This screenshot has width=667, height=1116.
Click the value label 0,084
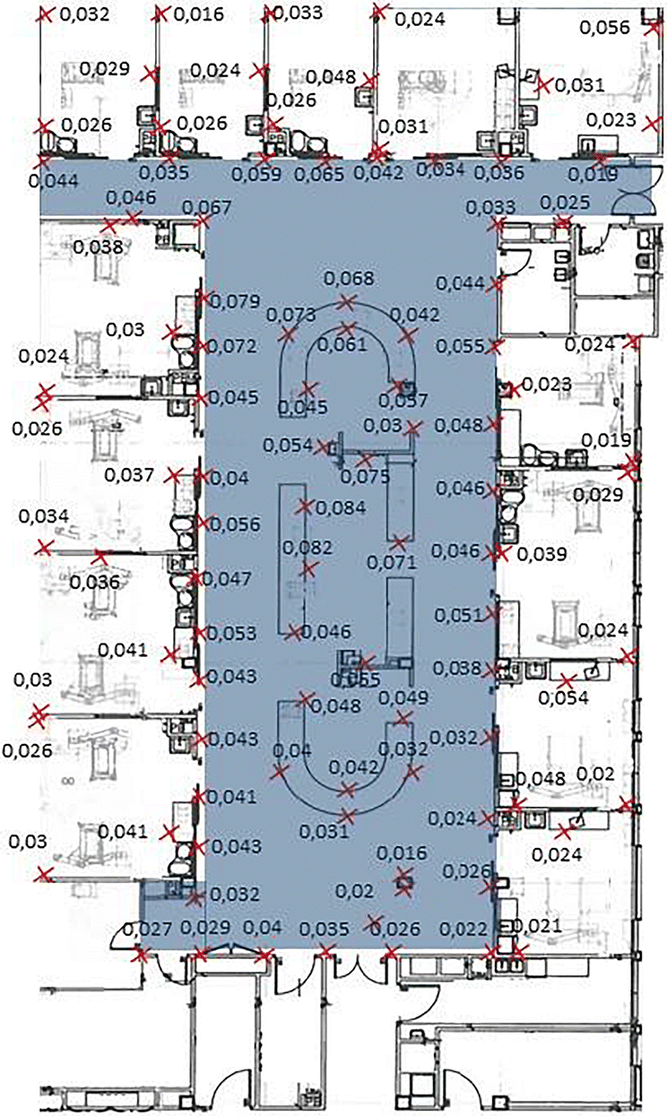coord(341,508)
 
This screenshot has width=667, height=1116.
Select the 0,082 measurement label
coord(307,547)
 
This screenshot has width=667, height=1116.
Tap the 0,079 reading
coord(234,300)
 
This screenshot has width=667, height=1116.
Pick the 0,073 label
coord(291,316)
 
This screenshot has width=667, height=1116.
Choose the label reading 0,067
coord(206,208)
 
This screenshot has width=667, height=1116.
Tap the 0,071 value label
coord(393,564)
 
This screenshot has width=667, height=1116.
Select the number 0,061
coord(342,344)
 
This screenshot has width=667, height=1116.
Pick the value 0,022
coord(463,929)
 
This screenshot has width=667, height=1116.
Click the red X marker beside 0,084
coord(306,506)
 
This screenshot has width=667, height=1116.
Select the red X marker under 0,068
coord(347,303)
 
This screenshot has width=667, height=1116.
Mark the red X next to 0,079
coord(203,298)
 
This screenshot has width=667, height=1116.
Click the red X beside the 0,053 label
coord(199,633)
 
